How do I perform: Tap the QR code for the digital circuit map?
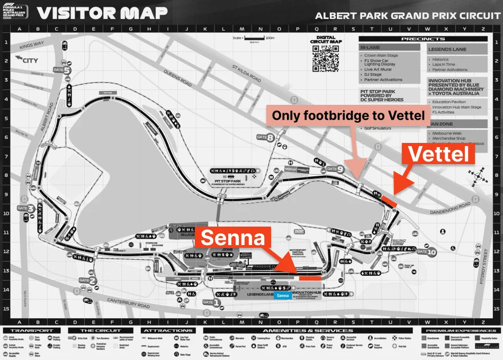click(325, 58)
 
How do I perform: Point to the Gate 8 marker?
click(264, 138)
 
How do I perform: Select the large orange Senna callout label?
click(232, 238)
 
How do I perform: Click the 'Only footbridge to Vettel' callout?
click(349, 116)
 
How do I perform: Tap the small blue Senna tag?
click(283, 295)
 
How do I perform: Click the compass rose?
click(480, 174)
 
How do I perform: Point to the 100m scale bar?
click(258, 39)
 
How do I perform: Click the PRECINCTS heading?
click(423, 39)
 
